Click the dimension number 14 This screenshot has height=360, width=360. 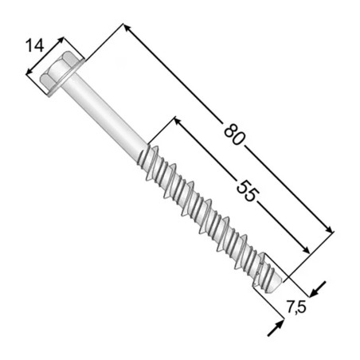[x=35, y=45]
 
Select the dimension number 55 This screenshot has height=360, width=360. [x=247, y=190]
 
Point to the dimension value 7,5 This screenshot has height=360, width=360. [x=296, y=307]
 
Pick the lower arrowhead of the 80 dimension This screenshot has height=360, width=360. [x=328, y=229]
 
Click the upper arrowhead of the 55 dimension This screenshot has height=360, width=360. [x=178, y=121]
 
